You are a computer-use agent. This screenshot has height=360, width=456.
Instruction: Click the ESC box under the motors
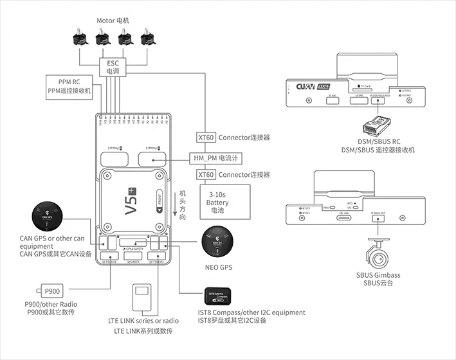click(x=113, y=67)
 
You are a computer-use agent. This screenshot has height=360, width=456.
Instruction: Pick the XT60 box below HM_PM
click(x=206, y=175)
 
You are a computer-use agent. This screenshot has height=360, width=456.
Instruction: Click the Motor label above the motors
click(x=113, y=21)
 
